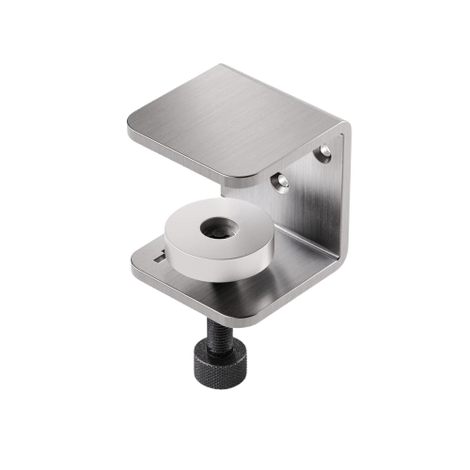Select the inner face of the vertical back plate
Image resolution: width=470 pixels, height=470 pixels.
pos(310,202)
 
